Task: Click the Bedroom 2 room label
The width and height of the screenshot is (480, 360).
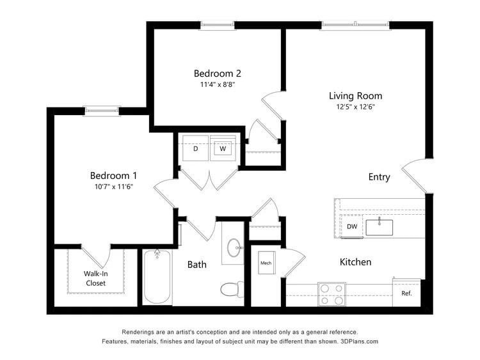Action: [218, 74]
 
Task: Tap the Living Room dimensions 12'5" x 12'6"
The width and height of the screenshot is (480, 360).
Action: [356, 107]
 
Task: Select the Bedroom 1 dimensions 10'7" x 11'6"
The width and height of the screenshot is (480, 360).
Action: [113, 187]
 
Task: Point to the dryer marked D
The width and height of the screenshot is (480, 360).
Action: [195, 149]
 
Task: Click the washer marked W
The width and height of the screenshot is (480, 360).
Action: [223, 149]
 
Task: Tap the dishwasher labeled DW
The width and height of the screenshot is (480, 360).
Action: [351, 226]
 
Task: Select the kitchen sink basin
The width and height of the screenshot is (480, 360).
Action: [380, 226]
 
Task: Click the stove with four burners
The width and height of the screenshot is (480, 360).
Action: [332, 295]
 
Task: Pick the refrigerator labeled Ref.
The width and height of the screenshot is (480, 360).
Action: [406, 293]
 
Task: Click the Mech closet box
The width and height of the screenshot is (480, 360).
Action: [266, 263]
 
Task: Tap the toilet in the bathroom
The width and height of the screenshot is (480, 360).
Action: [231, 290]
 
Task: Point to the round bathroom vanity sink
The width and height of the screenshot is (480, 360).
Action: [234, 247]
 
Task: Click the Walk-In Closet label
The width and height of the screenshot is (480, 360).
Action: [95, 278]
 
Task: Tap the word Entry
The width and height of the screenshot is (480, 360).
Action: [379, 177]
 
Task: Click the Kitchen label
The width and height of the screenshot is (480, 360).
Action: [355, 262]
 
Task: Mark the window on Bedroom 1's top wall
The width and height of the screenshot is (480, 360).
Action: [102, 111]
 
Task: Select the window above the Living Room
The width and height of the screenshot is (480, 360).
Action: [355, 25]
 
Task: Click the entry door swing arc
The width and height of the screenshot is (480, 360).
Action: [413, 176]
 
